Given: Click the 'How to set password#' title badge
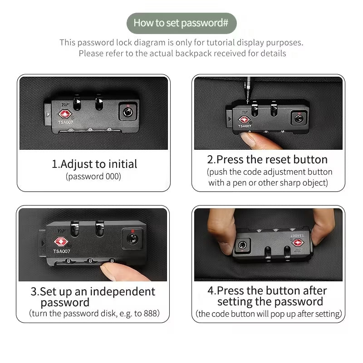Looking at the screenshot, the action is click(181, 23).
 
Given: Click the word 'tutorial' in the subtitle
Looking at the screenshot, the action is click(220, 43).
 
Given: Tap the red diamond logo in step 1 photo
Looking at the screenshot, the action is click(65, 114).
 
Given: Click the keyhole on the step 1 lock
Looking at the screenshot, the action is click(128, 112).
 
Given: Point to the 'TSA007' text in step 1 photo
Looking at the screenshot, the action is click(65, 122).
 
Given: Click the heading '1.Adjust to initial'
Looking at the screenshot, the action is click(94, 164).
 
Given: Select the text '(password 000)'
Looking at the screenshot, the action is click(93, 177).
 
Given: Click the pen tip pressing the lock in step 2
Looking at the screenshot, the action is click(248, 102).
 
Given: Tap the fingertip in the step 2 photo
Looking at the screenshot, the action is click(248, 139).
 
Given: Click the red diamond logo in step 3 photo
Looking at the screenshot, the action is click(61, 242).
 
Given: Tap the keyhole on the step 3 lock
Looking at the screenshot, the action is click(132, 239).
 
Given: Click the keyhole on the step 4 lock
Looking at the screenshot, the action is click(242, 245).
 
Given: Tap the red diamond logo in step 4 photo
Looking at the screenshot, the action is click(298, 243).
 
